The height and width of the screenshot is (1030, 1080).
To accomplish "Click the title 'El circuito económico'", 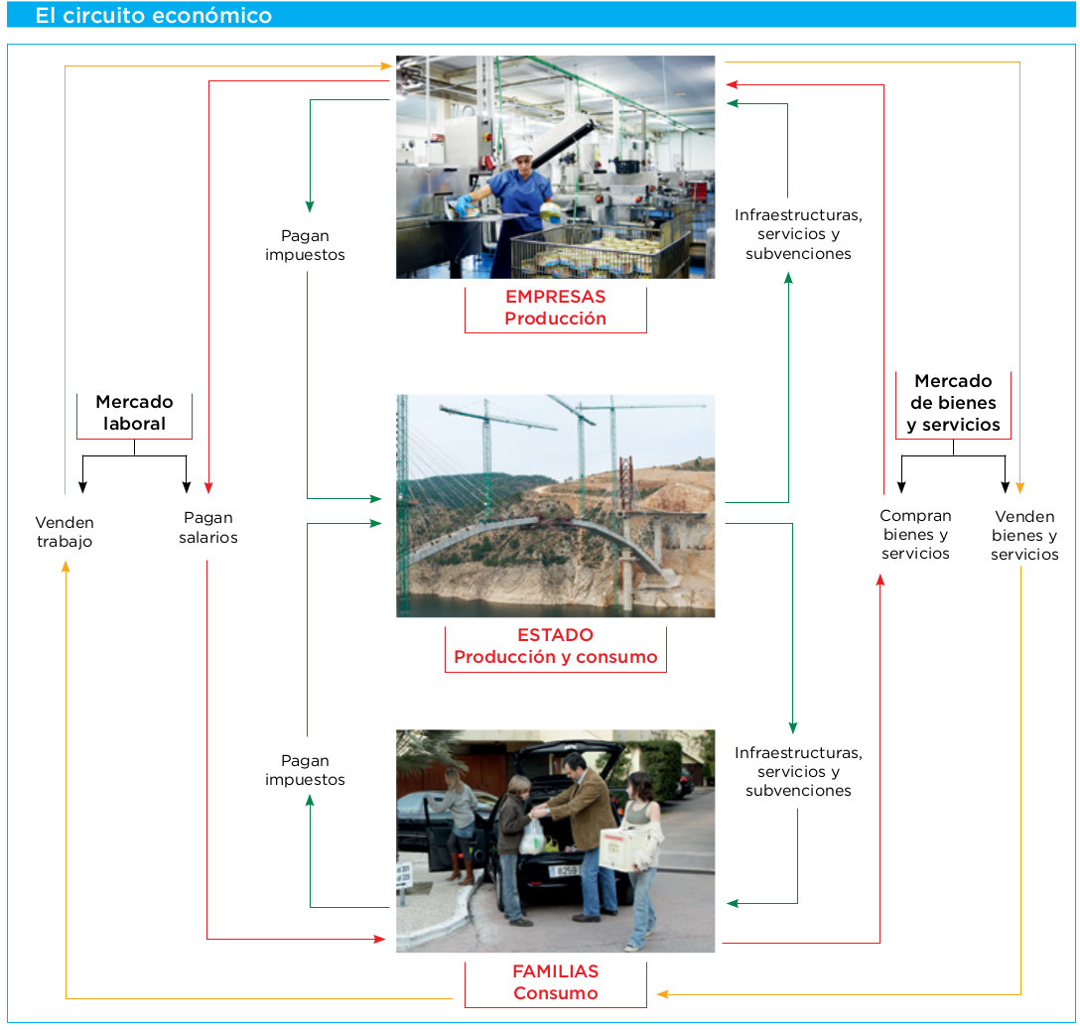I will click(x=153, y=16).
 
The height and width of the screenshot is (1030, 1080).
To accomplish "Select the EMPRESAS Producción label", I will click(x=555, y=308).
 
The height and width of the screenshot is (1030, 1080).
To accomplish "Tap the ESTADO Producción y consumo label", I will click(x=555, y=646).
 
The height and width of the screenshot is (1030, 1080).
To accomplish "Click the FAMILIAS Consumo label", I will click(x=555, y=982).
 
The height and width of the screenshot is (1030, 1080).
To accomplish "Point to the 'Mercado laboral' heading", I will click(x=134, y=413).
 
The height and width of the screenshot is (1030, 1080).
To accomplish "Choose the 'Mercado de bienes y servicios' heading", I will click(x=953, y=403).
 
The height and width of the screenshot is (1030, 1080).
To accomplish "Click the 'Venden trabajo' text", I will click(x=65, y=532).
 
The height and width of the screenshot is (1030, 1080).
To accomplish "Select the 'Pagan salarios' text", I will click(x=208, y=527).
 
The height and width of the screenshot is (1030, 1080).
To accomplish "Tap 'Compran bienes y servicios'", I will click(x=915, y=534).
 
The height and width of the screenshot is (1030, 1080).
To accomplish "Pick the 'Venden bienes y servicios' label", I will click(x=1024, y=535).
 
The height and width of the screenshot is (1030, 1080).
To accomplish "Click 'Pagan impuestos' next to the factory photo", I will click(x=305, y=245).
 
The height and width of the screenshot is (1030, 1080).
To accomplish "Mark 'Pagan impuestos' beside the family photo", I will click(x=305, y=770).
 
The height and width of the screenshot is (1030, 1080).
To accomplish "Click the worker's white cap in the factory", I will click(x=521, y=152).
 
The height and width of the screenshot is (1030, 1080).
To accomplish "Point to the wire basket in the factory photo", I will click(x=596, y=253).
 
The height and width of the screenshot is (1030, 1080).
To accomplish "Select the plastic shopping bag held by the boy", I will click(x=533, y=836).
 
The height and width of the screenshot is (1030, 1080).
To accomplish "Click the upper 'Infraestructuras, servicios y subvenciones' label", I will click(x=798, y=234).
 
